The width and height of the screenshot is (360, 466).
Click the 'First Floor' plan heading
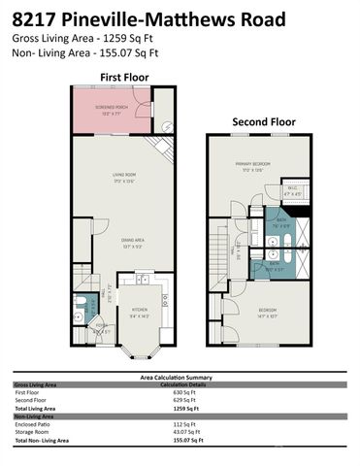click(123, 76)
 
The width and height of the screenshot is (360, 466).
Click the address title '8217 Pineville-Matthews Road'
click(150, 18)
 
